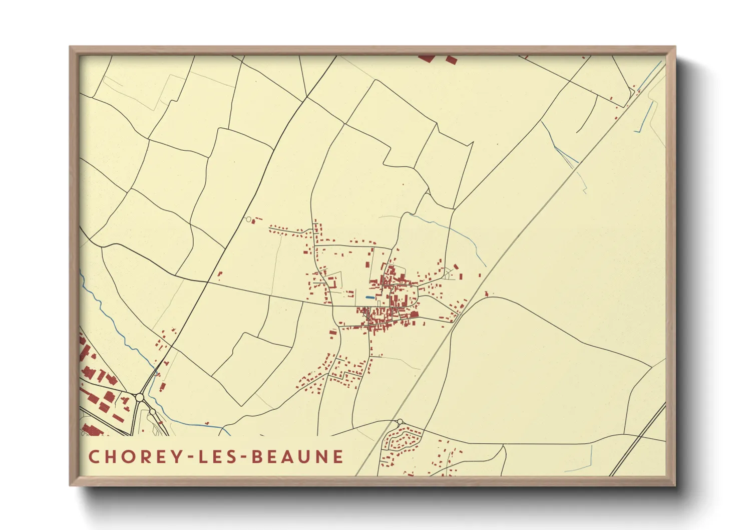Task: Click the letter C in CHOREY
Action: click(94, 456)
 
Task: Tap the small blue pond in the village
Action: click(369, 298)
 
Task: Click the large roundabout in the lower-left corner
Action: click(140, 397)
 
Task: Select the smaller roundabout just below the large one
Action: click(152, 412)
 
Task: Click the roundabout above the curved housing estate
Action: click(400, 422)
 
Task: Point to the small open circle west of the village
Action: click(248, 219)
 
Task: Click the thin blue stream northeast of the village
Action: click(451, 230)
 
